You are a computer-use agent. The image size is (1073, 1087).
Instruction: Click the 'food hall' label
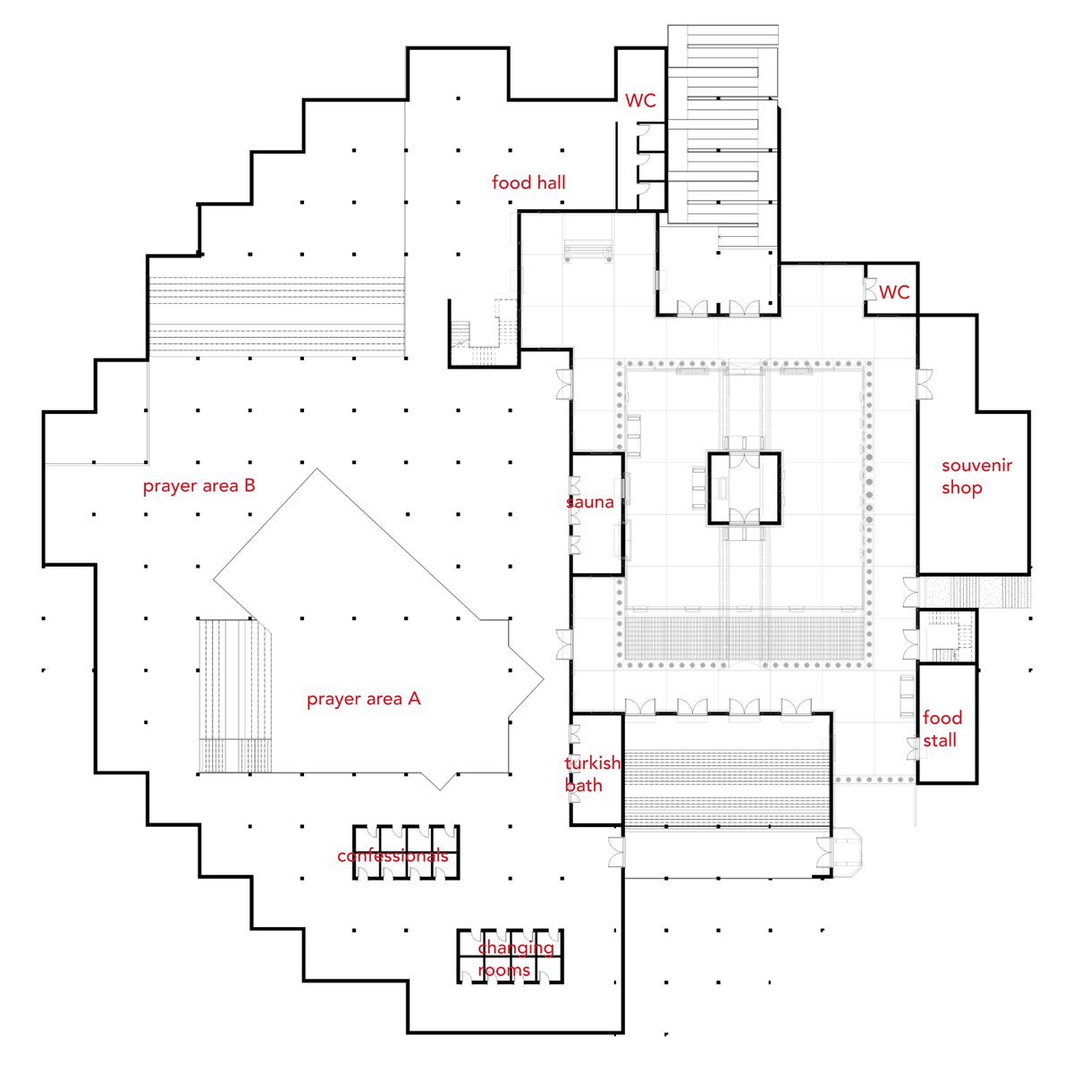[528, 182]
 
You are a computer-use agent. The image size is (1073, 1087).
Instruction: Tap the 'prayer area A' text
[363, 699]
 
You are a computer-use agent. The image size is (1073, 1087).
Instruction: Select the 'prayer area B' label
[199, 485]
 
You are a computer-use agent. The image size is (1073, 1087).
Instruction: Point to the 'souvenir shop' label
[976, 476]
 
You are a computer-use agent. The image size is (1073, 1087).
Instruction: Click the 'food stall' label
[942, 729]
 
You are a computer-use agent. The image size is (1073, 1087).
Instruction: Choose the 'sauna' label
[591, 502]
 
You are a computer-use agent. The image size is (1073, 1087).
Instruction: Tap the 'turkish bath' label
[591, 774]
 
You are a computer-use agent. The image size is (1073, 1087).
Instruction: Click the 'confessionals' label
[393, 856]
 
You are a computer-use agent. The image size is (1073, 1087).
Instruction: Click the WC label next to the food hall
[640, 101]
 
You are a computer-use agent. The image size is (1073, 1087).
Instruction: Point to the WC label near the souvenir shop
[894, 292]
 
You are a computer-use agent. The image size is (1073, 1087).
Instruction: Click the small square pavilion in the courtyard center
[744, 488]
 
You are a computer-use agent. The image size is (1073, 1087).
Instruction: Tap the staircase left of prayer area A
[233, 695]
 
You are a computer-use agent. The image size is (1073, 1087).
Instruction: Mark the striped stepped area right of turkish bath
[728, 773]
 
